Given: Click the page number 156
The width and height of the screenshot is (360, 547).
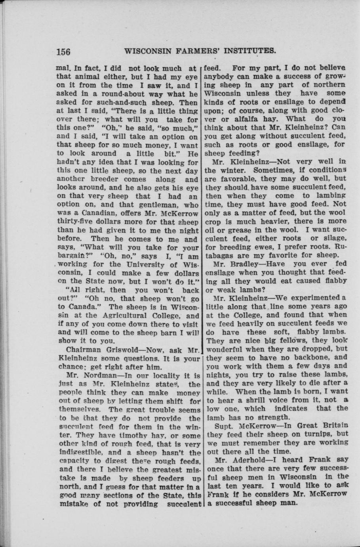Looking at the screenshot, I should point(64,52).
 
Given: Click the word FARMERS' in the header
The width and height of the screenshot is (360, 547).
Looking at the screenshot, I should point(194,51).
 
